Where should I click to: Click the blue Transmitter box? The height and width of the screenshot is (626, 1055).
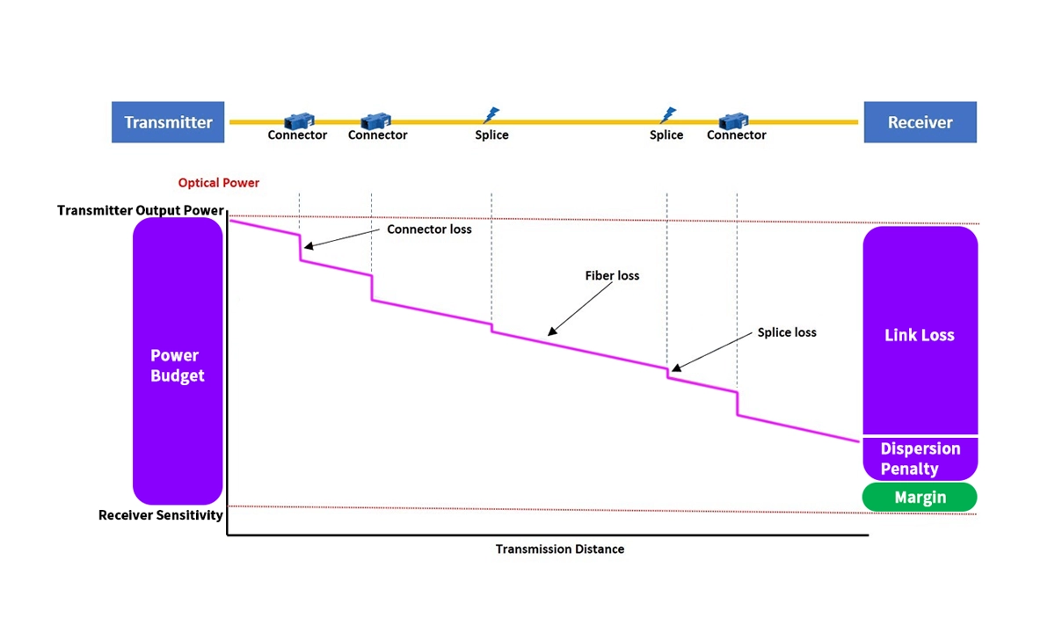pos(168,122)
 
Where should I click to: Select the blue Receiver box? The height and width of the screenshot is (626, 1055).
pos(920,122)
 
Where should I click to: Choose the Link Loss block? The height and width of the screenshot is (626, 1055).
pos(920,334)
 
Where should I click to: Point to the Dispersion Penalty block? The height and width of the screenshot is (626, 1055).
pos(920,458)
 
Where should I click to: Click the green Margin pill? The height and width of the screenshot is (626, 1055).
pos(920,497)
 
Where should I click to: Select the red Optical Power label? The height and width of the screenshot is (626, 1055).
pos(219,183)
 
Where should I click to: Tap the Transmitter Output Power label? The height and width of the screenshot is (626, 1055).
pos(141,211)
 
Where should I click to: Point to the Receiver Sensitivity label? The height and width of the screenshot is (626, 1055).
pos(160,515)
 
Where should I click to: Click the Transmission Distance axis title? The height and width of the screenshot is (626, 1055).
pos(560,550)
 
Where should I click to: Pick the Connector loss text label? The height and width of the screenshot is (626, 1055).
pos(429,229)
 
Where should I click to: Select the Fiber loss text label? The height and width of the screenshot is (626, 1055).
pos(612,276)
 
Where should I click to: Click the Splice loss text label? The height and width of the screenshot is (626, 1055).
pos(787,332)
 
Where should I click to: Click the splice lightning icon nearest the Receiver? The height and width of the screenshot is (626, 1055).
pos(668,115)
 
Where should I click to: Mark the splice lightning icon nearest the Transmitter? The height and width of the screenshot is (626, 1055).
pos(491,115)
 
